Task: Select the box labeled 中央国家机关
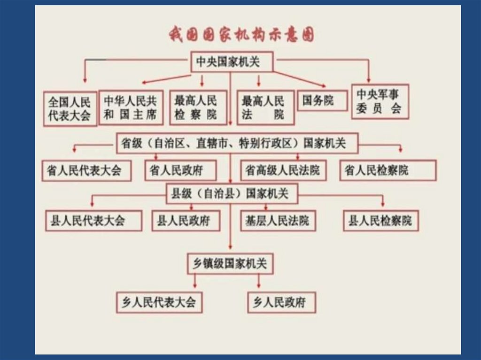click(x=232, y=62)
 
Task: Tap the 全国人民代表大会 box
click(x=70, y=108)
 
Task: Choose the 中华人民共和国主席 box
click(x=131, y=107)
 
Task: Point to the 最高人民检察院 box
click(x=198, y=107)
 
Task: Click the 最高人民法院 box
click(x=265, y=107)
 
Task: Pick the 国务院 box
click(x=322, y=100)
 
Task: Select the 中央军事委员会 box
click(x=380, y=101)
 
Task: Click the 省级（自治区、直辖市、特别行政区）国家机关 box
click(x=237, y=143)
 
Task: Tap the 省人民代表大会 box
click(x=85, y=170)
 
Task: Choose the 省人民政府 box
click(x=180, y=170)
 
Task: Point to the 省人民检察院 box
click(x=388, y=170)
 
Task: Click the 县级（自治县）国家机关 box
click(x=232, y=193)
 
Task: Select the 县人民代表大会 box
click(x=94, y=221)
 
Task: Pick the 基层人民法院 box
click(x=278, y=221)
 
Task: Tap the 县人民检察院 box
click(x=380, y=221)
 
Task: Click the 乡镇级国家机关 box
click(x=230, y=264)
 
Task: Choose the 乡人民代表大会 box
click(x=159, y=302)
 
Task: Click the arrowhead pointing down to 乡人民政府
click(x=259, y=286)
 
